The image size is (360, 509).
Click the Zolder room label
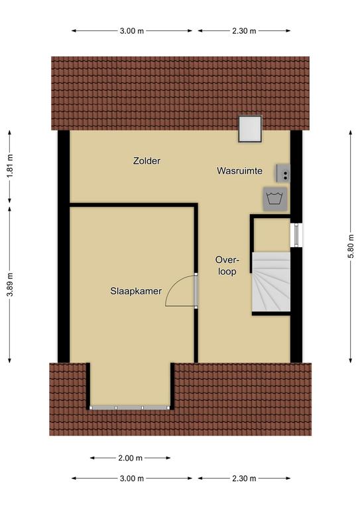[147, 160]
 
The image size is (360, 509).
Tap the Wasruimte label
[239, 171]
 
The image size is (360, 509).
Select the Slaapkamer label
[136, 291]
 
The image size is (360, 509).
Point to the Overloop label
[227, 266]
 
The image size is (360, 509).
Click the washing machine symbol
[275, 199]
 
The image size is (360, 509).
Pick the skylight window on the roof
[250, 129]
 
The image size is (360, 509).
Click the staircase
[271, 282]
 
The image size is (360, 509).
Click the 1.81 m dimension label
[10, 166]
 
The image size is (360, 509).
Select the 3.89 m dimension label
[10, 284]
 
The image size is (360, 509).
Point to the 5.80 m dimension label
[351, 246]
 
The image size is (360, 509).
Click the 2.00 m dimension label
[130, 458]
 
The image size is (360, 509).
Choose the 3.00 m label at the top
[132, 31]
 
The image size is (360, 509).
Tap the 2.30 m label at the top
[244, 31]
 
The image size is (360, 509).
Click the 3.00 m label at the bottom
[132, 478]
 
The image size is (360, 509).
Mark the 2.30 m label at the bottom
[244, 478]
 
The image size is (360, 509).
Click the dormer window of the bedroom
[129, 408]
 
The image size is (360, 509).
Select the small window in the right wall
[296, 234]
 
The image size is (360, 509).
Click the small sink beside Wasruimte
[283, 173]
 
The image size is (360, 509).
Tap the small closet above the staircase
[272, 235]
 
